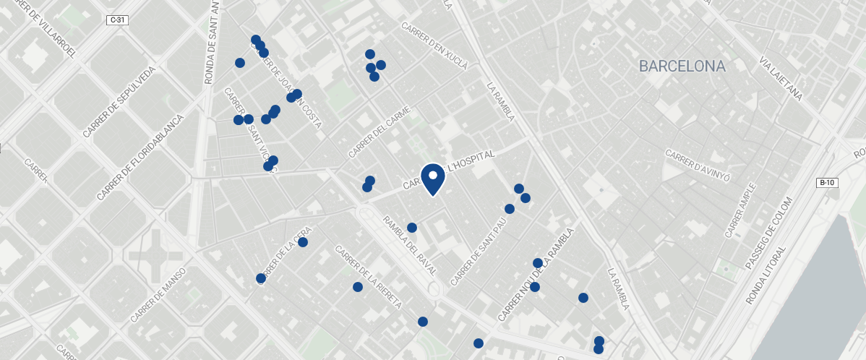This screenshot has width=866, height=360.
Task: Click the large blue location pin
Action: pyautogui.click(x=432, y=178)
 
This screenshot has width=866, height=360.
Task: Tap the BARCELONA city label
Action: pyautogui.click(x=682, y=67)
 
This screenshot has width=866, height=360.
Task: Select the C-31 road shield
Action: pyautogui.click(x=117, y=20)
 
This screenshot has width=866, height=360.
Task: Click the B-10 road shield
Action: pyautogui.click(x=827, y=183)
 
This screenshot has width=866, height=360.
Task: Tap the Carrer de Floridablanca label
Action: pyautogui.click(x=140, y=157)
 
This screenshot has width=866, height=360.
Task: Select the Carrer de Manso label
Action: pyautogui.click(x=158, y=295)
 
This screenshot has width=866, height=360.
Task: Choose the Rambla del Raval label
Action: pyautogui.click(x=410, y=245)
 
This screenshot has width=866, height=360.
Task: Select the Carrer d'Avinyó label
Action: pyautogui.click(x=698, y=166)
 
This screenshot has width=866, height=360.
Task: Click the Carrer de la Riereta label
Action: pyautogui.click(x=368, y=277)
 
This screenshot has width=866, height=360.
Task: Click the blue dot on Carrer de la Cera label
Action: pyautogui.click(x=303, y=242)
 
